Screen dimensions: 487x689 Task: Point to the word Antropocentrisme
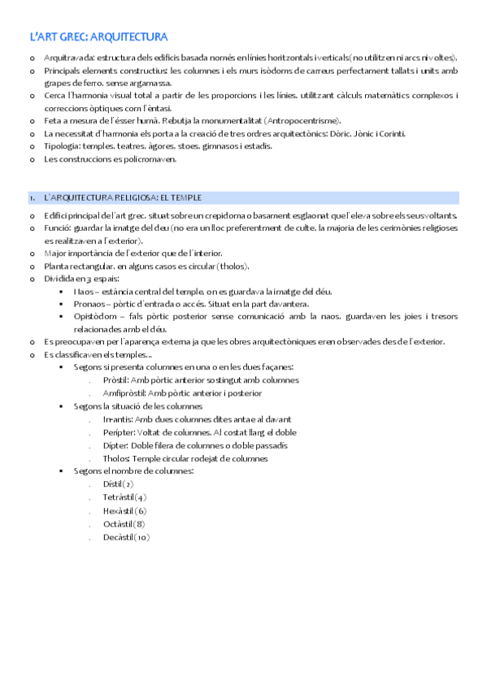[303, 121]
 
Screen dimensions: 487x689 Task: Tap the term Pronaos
[91, 304]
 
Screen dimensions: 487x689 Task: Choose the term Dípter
[116, 445]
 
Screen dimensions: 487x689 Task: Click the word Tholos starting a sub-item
[116, 458]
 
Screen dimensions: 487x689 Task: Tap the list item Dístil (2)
[119, 484]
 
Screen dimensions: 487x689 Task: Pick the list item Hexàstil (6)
[124, 510]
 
